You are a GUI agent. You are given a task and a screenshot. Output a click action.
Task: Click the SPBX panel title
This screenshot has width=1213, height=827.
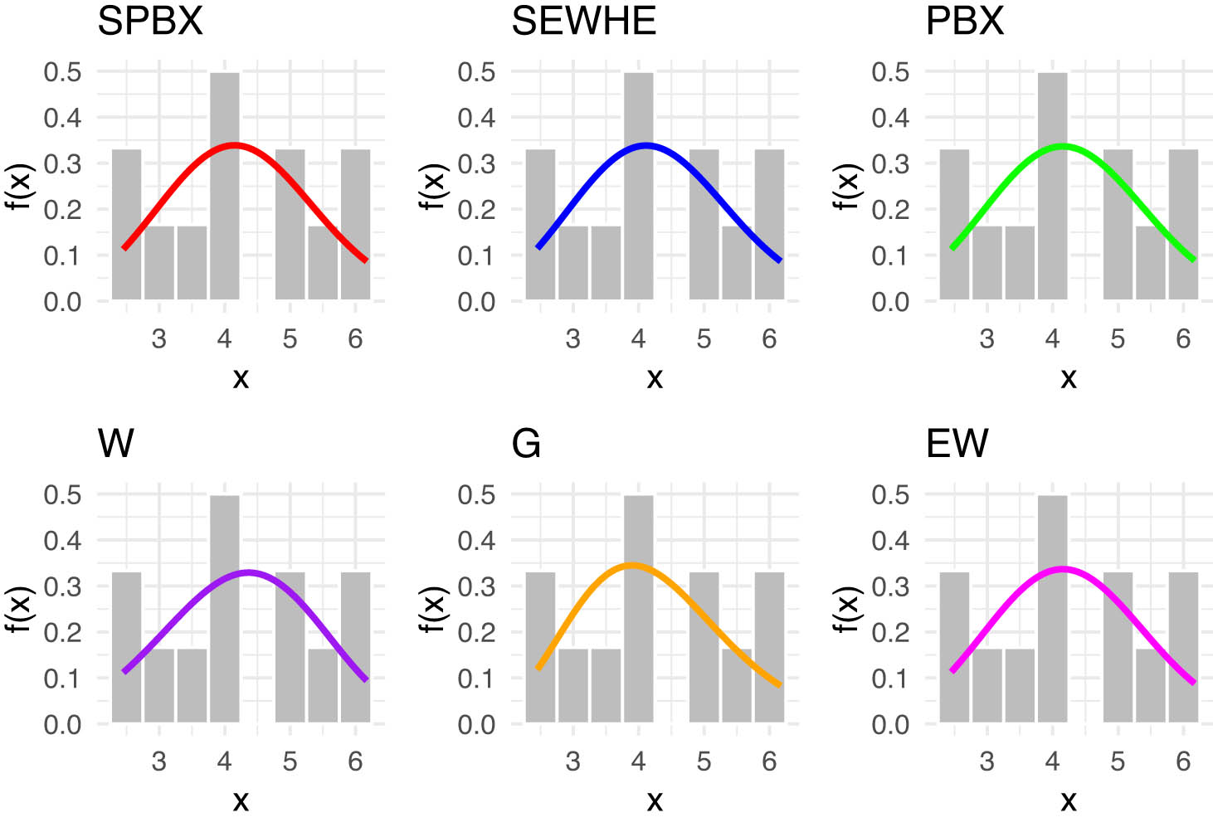pos(150,22)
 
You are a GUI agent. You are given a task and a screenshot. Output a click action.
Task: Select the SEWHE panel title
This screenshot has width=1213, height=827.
pos(583,22)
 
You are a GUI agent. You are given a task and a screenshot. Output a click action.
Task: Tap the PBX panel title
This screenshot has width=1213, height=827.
pos(964,22)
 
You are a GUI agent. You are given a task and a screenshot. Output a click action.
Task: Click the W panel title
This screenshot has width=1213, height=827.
pos(115,444)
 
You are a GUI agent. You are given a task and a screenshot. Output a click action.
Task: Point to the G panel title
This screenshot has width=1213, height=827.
pos(526,444)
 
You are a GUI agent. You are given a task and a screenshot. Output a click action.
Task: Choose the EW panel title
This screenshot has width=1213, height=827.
pos(957,444)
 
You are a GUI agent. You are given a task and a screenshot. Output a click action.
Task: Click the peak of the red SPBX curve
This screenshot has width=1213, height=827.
pos(235,145)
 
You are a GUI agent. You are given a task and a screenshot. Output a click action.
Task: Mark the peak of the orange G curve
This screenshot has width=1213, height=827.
pos(633,565)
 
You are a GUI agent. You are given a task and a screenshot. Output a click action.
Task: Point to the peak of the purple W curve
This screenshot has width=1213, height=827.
pos(249,572)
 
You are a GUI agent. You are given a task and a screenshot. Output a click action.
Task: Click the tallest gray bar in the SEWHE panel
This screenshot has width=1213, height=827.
pos(638,186)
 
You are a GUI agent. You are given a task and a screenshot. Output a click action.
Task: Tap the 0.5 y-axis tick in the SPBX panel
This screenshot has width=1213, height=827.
pos(63,72)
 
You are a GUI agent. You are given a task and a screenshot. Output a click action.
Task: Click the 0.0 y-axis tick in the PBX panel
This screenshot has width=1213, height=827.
pos(890,302)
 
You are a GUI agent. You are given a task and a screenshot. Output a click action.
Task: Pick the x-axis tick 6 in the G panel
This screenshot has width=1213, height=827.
pos(769,761)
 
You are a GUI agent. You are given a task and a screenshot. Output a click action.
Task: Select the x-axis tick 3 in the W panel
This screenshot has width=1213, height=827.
pos(158,761)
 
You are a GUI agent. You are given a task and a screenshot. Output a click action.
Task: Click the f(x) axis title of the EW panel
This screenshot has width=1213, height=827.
pos(845,609)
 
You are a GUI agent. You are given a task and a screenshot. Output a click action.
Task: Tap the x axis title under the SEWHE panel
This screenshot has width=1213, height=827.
pos(655,378)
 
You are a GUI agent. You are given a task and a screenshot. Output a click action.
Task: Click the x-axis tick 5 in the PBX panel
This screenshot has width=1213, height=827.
pos(1118,339)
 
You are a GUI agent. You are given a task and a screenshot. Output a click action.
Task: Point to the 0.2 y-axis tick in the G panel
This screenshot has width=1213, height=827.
pos(476,632)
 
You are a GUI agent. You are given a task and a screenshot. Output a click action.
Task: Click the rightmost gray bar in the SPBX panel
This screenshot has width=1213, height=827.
pos(355,224)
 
